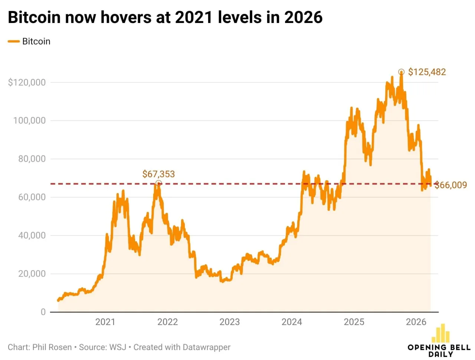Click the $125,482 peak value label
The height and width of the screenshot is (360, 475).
point(427,72)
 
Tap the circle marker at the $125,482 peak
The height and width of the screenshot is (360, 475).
point(401,72)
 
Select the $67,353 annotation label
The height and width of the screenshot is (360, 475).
point(158,174)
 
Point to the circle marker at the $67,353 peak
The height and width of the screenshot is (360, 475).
point(158,183)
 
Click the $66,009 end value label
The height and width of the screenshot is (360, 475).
point(451,185)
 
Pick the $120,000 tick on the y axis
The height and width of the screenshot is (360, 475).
point(27,82)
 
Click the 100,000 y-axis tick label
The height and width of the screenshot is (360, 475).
point(29,121)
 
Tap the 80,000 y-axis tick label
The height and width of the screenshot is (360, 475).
point(32,159)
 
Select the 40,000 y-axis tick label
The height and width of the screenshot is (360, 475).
point(32,235)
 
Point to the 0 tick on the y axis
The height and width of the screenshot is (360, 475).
point(43,312)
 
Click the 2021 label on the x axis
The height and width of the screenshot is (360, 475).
point(105,322)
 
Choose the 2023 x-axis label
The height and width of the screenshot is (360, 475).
point(230,322)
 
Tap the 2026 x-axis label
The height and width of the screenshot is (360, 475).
point(416,322)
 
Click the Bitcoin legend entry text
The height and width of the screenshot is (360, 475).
point(36,42)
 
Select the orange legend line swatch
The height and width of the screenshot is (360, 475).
point(14,42)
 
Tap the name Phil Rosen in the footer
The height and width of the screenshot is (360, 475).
point(52,347)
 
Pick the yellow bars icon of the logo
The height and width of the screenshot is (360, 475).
point(440,333)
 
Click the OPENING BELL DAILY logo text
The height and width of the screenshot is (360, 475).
point(439,351)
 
